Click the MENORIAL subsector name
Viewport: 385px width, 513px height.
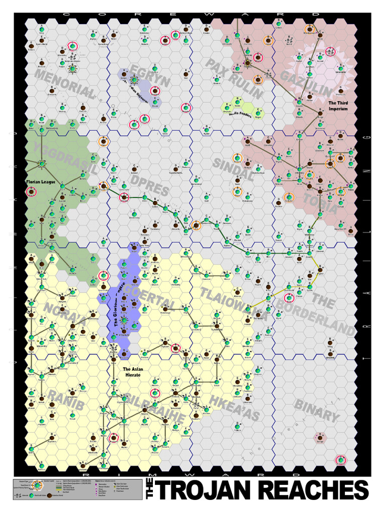point(65,84)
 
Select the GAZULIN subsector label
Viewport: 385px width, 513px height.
point(306,83)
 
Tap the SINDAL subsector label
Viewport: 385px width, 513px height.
point(234,170)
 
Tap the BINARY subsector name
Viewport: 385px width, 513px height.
point(317,410)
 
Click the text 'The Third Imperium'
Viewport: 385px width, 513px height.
point(337,106)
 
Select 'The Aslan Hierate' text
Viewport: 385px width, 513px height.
point(132,372)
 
